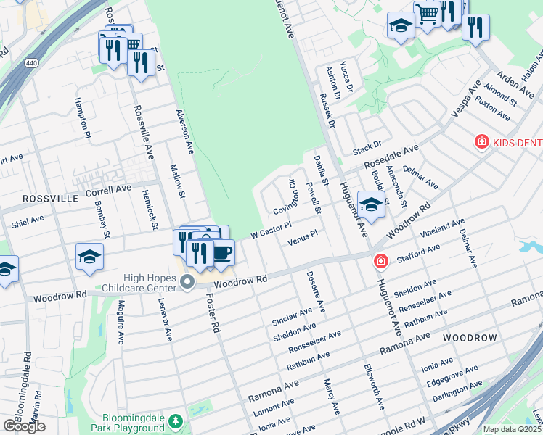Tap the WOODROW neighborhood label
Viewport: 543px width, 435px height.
470,339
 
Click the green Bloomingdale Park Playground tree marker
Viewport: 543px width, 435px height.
175,421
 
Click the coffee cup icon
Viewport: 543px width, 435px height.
221,253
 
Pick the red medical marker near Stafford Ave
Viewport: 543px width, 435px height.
380,260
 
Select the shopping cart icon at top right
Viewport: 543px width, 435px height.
427,12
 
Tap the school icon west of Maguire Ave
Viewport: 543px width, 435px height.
89,257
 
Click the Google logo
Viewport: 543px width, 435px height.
23,426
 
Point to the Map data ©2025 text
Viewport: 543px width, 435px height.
513,429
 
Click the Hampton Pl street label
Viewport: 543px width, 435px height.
82,119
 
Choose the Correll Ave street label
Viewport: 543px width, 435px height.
108,189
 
